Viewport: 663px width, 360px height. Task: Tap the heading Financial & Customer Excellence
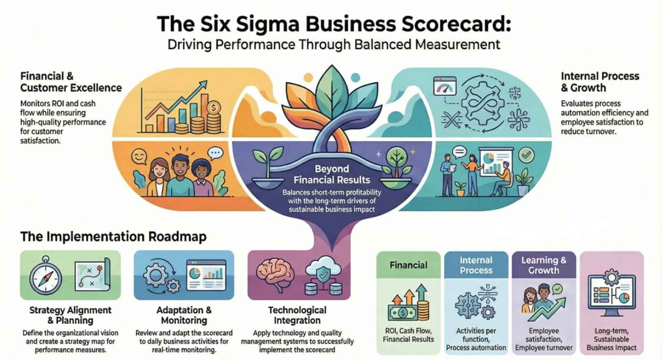[71, 82]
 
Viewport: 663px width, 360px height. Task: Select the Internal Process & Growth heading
[600, 82]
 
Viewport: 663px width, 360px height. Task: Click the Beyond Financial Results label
[331, 175]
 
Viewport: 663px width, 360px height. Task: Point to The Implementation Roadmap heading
[114, 237]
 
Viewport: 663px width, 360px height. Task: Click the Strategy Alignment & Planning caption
[70, 316]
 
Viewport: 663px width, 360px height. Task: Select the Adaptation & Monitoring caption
[184, 316]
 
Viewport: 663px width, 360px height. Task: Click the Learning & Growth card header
[543, 265]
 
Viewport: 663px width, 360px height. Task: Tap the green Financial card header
[408, 265]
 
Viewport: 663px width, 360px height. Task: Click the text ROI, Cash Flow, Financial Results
[408, 335]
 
